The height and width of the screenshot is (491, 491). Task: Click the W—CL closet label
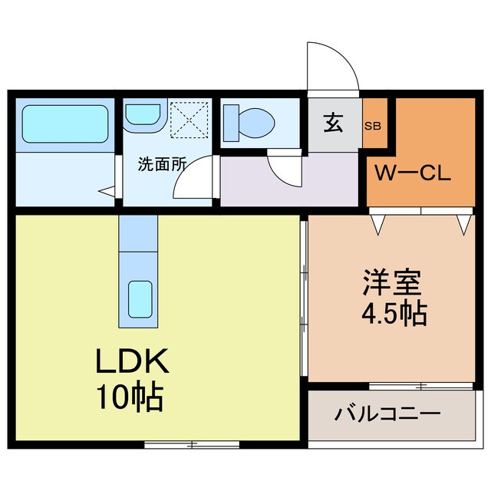click(x=412, y=173)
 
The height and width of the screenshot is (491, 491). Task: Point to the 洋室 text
click(x=392, y=285)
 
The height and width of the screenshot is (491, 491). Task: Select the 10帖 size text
click(x=128, y=397)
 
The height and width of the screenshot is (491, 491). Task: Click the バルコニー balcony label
click(x=387, y=415)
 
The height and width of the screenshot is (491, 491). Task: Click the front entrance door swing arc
click(x=331, y=69)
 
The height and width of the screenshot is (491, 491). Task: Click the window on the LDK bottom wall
click(x=192, y=444)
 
